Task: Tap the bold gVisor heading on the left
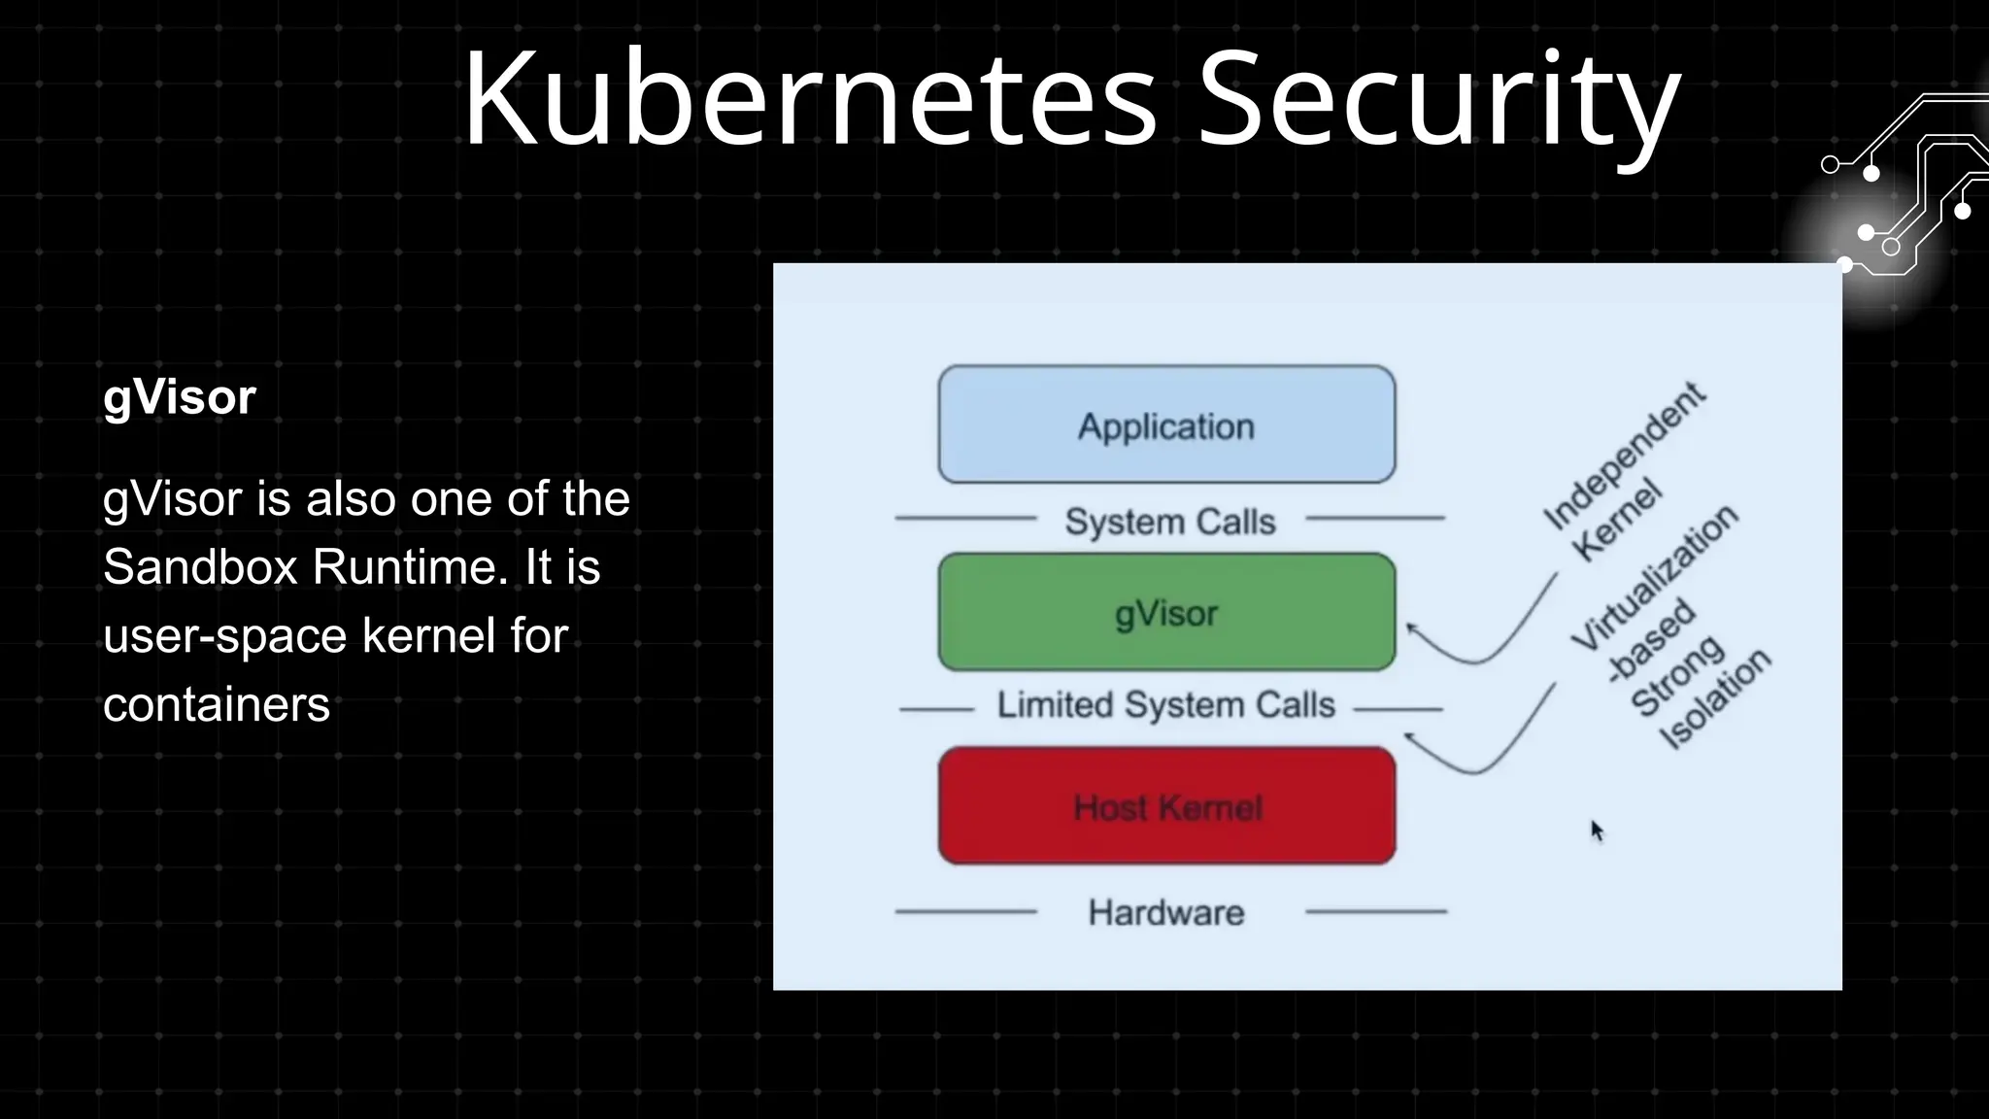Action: pyautogui.click(x=180, y=397)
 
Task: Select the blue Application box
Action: pyautogui.click(x=1166, y=424)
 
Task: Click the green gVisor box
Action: pyautogui.click(x=1166, y=612)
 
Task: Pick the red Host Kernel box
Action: pyautogui.click(x=1166, y=806)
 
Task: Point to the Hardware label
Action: pyautogui.click(x=1166, y=912)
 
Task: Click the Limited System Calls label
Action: pyautogui.click(x=1165, y=705)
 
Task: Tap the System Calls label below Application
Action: pyautogui.click(x=1169, y=522)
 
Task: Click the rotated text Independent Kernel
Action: pyautogui.click(x=1622, y=471)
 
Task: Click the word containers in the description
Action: pyautogui.click(x=217, y=704)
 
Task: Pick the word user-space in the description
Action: pyautogui.click(x=224, y=636)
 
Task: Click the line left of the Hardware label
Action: pyautogui.click(x=965, y=912)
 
